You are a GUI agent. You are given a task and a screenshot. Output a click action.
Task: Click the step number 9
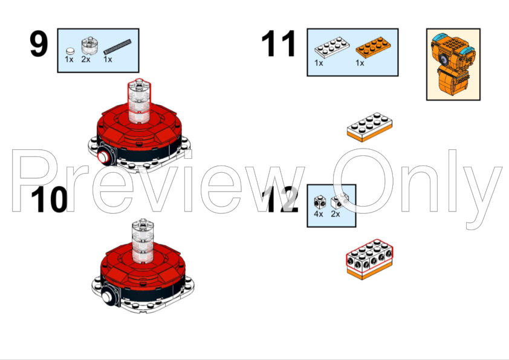pyautogui.click(x=39, y=43)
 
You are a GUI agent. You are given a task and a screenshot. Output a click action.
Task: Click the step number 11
pyautogui.click(x=279, y=43)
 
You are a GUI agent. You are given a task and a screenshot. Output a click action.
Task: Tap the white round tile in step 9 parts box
pyautogui.click(x=70, y=51)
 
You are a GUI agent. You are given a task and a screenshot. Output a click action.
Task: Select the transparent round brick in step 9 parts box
pyautogui.click(x=88, y=45)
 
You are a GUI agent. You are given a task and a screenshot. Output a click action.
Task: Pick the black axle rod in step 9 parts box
pyautogui.click(x=117, y=47)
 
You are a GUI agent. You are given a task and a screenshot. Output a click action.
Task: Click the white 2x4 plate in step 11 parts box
pyautogui.click(x=332, y=47)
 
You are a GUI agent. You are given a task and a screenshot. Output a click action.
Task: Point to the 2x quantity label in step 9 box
pyautogui.click(x=86, y=59)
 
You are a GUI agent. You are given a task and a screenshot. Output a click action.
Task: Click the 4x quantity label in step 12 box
pyautogui.click(x=319, y=214)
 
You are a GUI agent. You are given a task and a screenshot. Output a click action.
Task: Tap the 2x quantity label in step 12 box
pyautogui.click(x=336, y=214)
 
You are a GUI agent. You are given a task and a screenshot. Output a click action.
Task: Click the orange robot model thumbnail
pyautogui.click(x=453, y=65)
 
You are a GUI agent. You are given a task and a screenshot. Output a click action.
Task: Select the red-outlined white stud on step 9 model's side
pyautogui.click(x=103, y=157)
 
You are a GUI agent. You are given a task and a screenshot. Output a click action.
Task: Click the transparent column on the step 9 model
pyautogui.click(x=139, y=101)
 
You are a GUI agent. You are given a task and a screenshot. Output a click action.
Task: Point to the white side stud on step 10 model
pyautogui.click(x=108, y=296)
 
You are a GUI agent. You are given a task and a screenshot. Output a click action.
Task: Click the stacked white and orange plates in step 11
pyautogui.click(x=369, y=127)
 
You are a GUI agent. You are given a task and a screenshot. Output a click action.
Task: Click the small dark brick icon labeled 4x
pyautogui.click(x=320, y=202)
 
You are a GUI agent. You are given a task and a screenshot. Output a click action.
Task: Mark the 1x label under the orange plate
pyautogui.click(x=360, y=63)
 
